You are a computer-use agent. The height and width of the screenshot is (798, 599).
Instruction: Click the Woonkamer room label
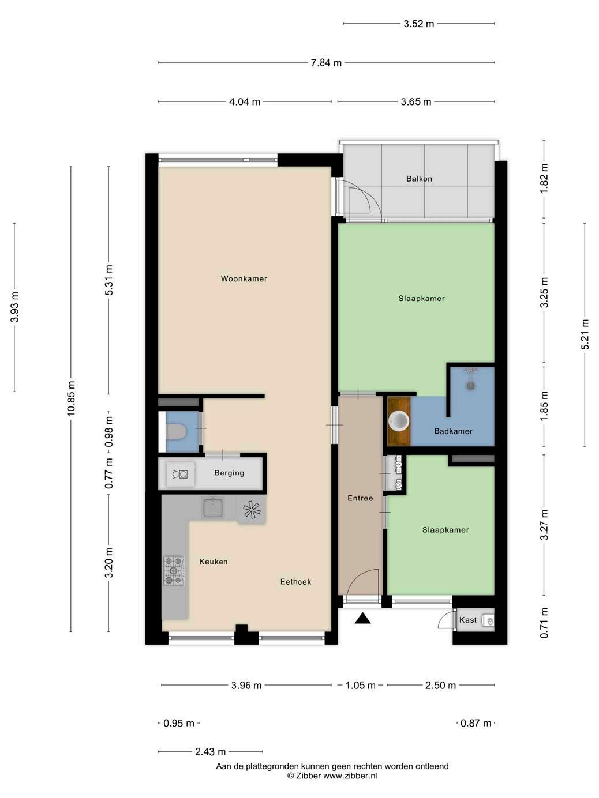click(x=244, y=279)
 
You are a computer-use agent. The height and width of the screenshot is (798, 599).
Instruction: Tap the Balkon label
click(x=419, y=179)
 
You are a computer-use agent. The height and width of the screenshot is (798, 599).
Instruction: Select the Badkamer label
click(x=453, y=431)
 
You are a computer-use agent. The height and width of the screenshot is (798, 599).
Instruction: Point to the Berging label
click(x=229, y=473)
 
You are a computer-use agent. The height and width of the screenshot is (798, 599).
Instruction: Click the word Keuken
click(x=214, y=562)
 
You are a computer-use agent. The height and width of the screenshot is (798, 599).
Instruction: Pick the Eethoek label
click(x=295, y=582)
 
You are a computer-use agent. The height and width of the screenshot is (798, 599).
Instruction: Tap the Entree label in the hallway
click(x=360, y=498)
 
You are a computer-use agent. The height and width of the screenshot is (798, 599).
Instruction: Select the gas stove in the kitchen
click(x=174, y=570)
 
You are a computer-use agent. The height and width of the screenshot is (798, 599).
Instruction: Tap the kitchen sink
click(x=213, y=507)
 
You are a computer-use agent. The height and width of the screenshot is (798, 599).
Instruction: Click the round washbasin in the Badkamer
click(x=399, y=421)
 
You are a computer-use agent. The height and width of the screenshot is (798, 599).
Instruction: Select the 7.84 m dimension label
click(x=326, y=63)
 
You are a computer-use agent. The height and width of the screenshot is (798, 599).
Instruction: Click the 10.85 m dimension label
click(x=71, y=398)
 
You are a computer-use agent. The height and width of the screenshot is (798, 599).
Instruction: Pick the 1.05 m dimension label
click(x=360, y=686)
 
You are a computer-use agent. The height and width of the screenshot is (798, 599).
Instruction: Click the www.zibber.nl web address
click(x=350, y=776)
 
